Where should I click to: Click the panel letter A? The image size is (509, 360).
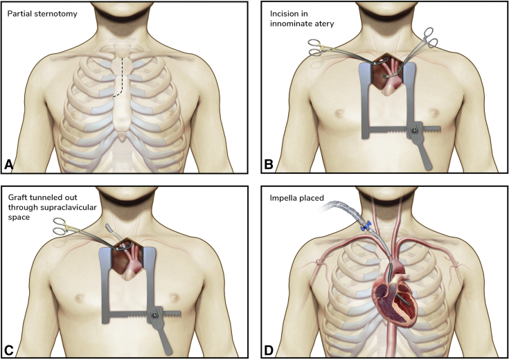(10, 165)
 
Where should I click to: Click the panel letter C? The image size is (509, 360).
(10, 348)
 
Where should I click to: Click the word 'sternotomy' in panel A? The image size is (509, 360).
(64, 12)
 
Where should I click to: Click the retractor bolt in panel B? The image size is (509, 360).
(415, 129)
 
